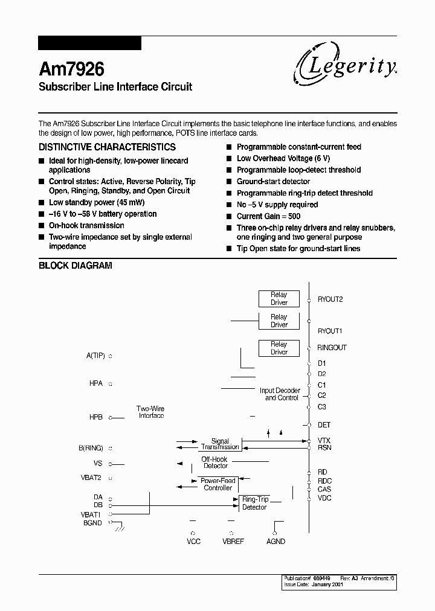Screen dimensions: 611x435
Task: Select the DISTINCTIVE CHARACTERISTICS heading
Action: click(107, 147)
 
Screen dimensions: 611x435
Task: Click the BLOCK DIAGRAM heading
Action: click(76, 266)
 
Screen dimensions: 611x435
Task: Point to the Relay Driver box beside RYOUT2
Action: click(279, 299)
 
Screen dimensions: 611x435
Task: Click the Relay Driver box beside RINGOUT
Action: click(279, 348)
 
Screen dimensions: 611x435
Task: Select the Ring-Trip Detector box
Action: click(254, 504)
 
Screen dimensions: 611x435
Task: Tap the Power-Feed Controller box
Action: click(217, 484)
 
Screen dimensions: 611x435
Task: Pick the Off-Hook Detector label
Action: click(216, 463)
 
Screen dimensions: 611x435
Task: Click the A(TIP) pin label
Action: click(95, 356)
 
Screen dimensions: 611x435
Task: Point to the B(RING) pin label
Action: click(91, 448)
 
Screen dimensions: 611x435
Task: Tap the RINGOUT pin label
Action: click(332, 348)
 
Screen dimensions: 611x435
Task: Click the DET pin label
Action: click(324, 425)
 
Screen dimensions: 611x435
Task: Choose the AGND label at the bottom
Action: click(275, 542)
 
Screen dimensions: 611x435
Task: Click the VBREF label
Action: click(233, 542)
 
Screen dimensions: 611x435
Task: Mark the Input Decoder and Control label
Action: click(280, 394)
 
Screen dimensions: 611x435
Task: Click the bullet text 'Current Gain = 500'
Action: click(268, 216)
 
